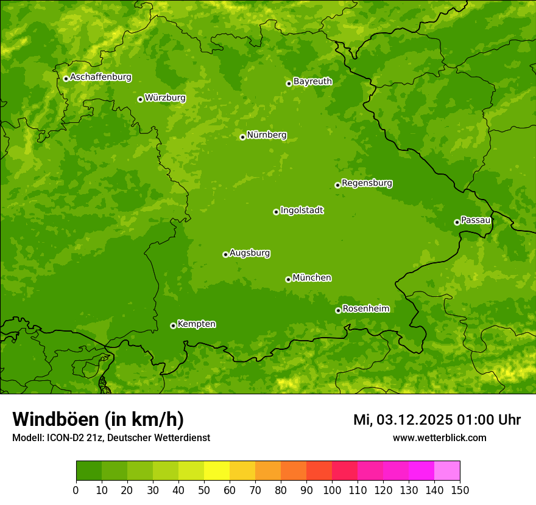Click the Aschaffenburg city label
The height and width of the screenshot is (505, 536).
pyautogui.click(x=100, y=77)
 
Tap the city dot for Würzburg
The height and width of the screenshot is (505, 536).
pyautogui.click(x=140, y=99)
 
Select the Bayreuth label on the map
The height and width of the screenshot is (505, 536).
pyautogui.click(x=312, y=82)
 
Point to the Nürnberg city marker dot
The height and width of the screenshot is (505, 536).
pyautogui.click(x=242, y=137)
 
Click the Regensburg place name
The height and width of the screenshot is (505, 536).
pyautogui.click(x=367, y=183)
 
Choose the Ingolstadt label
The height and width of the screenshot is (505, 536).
pyautogui.click(x=301, y=211)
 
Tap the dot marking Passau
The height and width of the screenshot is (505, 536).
pyautogui.click(x=457, y=222)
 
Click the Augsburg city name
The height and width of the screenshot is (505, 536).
pyautogui.click(x=250, y=253)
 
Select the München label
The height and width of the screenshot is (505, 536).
pyautogui.click(x=312, y=278)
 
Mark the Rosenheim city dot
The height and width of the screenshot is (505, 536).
pyautogui.click(x=338, y=310)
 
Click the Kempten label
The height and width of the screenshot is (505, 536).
pyautogui.click(x=196, y=324)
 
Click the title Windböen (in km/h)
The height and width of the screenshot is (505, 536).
pyautogui.click(x=98, y=419)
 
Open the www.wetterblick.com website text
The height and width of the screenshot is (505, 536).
pyautogui.click(x=439, y=438)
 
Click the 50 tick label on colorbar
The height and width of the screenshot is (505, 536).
pyautogui.click(x=204, y=490)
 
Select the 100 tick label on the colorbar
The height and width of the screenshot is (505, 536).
pyautogui.click(x=332, y=490)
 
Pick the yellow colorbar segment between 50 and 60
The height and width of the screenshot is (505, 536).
pyautogui.click(x=217, y=471)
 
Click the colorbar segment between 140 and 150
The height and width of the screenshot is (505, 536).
pyautogui.click(x=447, y=471)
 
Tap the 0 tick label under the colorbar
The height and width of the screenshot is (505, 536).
pyautogui.click(x=76, y=490)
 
